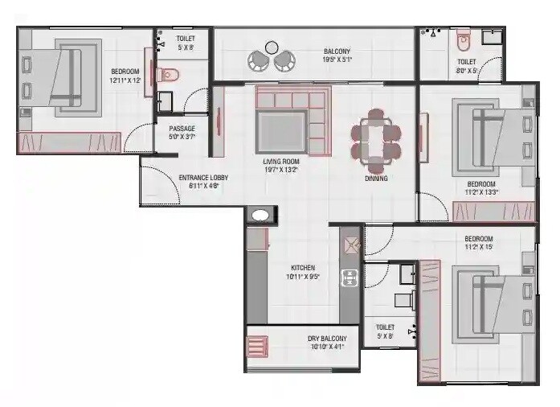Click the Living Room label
click(x=280, y=161)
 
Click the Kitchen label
click(x=303, y=268)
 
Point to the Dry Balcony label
click(x=325, y=338)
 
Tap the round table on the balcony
click(x=272, y=47)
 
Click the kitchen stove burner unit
click(x=350, y=278)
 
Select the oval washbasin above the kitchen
click(x=260, y=216)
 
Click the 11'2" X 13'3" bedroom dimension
click(x=482, y=192)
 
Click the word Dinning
click(x=376, y=179)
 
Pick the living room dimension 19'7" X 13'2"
click(x=280, y=170)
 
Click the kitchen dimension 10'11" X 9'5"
click(x=303, y=277)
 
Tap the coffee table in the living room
click(x=280, y=129)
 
